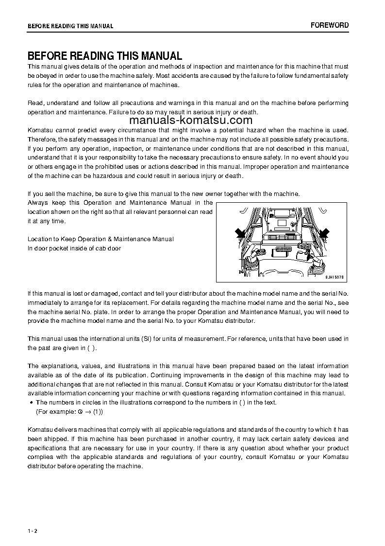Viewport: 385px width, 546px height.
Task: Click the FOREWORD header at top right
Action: coord(329,25)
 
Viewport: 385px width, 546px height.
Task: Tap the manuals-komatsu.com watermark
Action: coord(191,121)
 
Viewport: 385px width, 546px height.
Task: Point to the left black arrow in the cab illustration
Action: coord(240,234)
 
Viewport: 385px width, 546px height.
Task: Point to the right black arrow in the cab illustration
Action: coord(324,233)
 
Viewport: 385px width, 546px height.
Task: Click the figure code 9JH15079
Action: coord(335,276)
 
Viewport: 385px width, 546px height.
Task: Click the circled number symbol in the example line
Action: coord(80,411)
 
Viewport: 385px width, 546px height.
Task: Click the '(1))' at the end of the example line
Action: coord(98,411)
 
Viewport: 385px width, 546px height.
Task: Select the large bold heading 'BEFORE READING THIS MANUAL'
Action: coord(105,56)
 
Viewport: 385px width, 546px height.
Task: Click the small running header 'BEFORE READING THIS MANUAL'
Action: coord(70,26)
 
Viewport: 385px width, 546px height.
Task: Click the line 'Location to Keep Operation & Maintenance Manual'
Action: coord(100,239)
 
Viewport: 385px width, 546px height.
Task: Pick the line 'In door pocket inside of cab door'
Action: coord(74,248)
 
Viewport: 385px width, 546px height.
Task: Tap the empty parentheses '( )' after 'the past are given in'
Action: coord(92,348)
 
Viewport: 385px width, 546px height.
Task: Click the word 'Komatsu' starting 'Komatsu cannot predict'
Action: coord(41,130)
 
